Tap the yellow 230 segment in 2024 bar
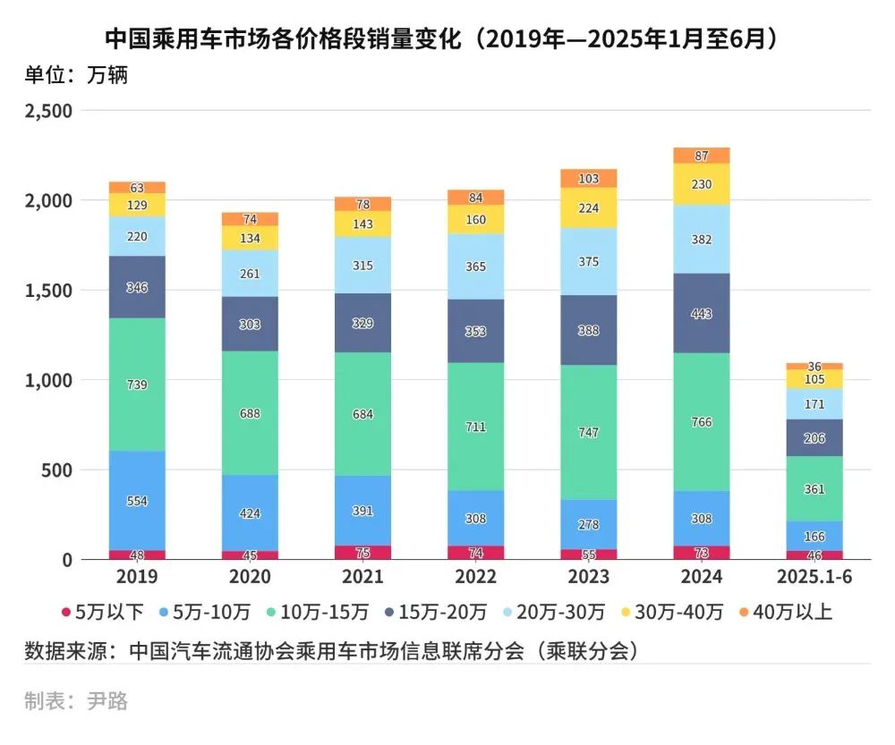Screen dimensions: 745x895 tap(702, 184)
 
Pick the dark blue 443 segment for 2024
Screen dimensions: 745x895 tap(702, 313)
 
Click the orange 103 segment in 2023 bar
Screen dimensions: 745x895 tap(589, 178)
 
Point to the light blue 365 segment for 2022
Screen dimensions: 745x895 tap(476, 267)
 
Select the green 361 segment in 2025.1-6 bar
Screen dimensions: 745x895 tap(814, 488)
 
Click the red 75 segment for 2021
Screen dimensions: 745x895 tap(363, 552)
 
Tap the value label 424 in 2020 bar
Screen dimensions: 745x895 tap(250, 513)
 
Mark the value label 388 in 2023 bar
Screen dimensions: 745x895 tap(589, 331)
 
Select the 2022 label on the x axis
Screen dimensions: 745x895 tap(476, 577)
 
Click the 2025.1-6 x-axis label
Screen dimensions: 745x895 tap(814, 577)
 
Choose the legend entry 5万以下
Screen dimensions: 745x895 tap(102, 613)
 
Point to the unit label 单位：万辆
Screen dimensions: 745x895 tap(76, 75)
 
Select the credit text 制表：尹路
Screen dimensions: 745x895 tap(76, 701)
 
